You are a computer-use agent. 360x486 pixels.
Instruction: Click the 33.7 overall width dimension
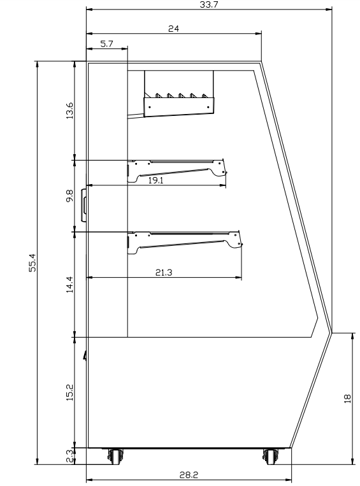pyautogui.click(x=208, y=4)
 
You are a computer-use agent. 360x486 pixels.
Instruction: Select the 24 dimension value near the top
pyautogui.click(x=173, y=28)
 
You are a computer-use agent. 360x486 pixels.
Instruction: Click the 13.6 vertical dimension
pyautogui.click(x=69, y=110)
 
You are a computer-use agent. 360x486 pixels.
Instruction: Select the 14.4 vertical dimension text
pyautogui.click(x=69, y=282)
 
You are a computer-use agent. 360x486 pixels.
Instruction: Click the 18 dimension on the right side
pyautogui.click(x=347, y=398)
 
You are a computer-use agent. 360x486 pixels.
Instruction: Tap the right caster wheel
pyautogui.click(x=271, y=455)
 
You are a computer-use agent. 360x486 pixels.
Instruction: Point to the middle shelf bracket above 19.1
pyautogui.click(x=177, y=169)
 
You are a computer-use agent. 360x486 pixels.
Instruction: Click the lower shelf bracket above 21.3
pyautogui.click(x=185, y=241)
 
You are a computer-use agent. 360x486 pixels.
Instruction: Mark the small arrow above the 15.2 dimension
pyautogui.click(x=85, y=353)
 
